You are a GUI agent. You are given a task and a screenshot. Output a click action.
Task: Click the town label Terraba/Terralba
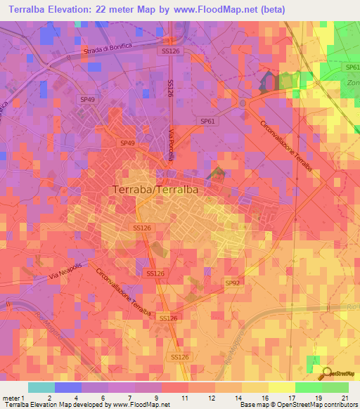pos(154,189)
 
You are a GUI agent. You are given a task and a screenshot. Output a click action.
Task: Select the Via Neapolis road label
pos(65,271)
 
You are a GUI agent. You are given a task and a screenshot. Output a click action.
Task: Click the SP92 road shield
pos(231,283)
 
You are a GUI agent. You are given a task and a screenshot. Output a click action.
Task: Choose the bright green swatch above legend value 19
pos(308,387)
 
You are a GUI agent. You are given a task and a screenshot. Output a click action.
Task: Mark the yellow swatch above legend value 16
pos(255,387)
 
